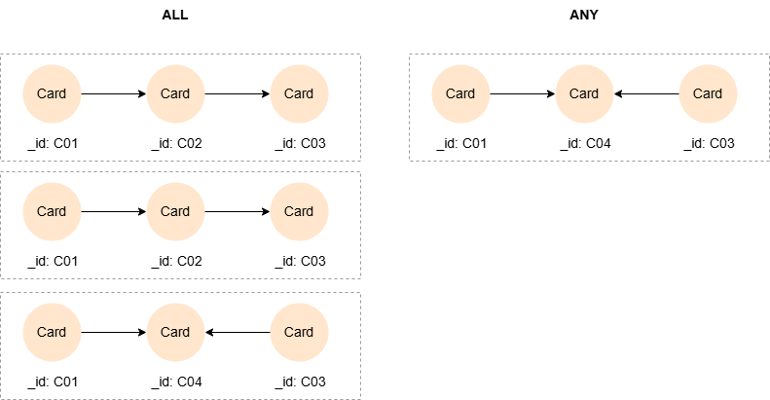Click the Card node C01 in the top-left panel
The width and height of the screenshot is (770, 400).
[52, 93]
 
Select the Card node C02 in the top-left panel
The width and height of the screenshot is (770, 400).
[175, 93]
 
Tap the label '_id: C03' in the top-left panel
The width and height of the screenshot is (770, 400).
[300, 144]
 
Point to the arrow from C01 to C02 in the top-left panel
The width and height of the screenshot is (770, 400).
[113, 93]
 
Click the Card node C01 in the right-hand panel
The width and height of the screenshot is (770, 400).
[460, 93]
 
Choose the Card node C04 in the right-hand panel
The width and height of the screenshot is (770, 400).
[584, 93]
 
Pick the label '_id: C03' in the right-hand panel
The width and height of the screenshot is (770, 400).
[709, 144]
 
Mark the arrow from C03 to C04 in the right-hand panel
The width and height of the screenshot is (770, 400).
[646, 93]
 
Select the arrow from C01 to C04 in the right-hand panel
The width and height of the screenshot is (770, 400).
[522, 93]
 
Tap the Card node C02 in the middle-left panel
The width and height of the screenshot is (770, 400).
[175, 211]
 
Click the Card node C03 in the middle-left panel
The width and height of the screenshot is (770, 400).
[299, 211]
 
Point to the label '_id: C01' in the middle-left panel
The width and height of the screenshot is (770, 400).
[53, 261]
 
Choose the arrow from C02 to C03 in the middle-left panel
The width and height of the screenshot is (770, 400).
[238, 211]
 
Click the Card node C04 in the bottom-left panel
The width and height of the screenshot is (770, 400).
[175, 332]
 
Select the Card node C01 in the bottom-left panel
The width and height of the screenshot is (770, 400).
[52, 332]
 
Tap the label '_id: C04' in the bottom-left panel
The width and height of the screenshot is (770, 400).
[176, 382]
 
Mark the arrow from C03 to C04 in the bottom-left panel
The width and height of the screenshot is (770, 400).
[238, 332]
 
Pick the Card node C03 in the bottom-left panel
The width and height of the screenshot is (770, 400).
[299, 332]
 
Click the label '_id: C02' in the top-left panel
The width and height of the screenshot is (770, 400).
[176, 144]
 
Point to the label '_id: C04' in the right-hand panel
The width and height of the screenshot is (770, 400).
[585, 144]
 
